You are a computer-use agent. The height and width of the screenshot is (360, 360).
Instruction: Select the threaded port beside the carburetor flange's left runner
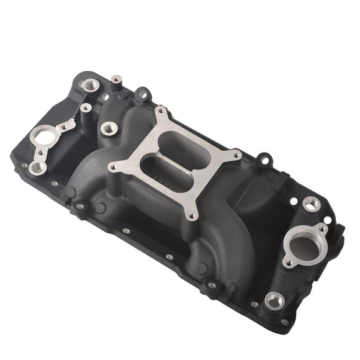109,129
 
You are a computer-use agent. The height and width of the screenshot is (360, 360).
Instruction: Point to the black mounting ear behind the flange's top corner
143,95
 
